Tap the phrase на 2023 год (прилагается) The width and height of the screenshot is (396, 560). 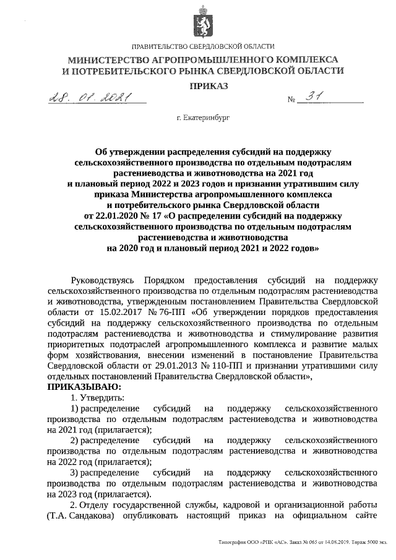coord(99,494)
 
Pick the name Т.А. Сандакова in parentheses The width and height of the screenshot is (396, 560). coord(80,517)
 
